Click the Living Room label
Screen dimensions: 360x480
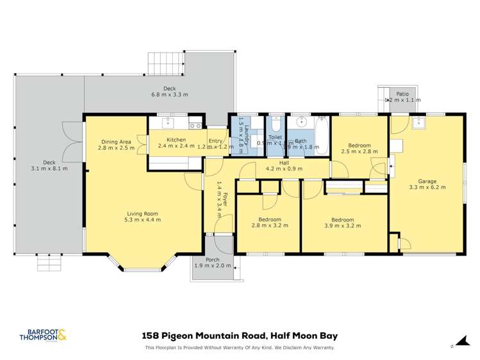coord(142,213)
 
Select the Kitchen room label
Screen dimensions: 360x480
coord(176,140)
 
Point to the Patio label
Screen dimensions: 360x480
coord(402,94)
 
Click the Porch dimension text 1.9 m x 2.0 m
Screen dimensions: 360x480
coord(213,265)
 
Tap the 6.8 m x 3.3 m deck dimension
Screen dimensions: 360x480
coord(169,95)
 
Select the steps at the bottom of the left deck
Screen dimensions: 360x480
coord(48,263)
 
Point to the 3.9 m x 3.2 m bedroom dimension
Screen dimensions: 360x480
coord(338,227)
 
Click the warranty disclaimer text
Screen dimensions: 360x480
coord(239,348)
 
